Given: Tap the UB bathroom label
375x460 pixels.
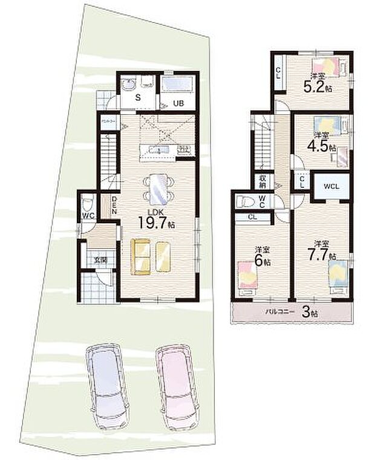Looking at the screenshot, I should pos(178,103).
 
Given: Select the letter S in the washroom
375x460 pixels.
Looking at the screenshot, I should pos(138,98).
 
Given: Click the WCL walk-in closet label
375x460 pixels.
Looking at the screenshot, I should pos(330,186).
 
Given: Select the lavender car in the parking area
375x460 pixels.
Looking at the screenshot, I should pos(106,384).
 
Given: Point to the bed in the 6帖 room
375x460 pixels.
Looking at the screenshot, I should pos(248,276).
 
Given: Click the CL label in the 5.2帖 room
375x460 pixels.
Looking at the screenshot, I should pos(278,73).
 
